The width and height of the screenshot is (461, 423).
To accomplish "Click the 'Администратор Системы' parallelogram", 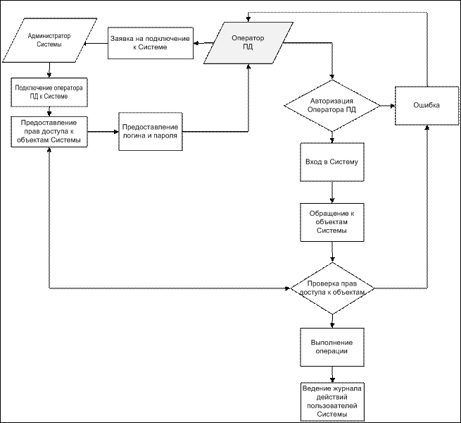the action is [49, 40].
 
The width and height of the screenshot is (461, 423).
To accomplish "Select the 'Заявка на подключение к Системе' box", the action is [151, 43].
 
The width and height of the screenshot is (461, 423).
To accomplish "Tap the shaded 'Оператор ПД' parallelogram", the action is [248, 43].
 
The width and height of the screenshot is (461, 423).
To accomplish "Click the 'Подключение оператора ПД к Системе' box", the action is [49, 92].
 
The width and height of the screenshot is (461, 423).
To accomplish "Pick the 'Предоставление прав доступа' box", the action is [49, 132].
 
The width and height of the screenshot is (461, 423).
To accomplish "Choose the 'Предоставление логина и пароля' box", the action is [151, 131].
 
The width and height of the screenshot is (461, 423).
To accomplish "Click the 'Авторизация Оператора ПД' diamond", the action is [332, 106].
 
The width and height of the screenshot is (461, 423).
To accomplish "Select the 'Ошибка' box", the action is [427, 106].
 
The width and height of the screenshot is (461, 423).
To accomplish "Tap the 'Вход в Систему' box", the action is [332, 162].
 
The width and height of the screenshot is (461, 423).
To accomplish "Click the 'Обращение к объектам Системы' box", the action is [332, 222].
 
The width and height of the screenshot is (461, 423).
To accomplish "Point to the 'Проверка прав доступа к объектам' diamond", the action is [332, 288].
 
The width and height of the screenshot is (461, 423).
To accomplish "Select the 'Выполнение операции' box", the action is [332, 347].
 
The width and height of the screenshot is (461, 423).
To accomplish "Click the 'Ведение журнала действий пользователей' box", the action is [332, 401].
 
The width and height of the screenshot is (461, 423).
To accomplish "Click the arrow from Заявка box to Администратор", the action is [96, 43].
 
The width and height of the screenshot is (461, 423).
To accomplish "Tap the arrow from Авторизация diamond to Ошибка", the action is [388, 106].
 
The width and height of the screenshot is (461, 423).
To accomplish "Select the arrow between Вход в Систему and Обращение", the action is [332, 192].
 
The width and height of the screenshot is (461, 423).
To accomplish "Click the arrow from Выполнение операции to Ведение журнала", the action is [332, 374].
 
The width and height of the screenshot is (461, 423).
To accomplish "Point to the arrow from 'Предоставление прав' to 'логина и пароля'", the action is [103, 132].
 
